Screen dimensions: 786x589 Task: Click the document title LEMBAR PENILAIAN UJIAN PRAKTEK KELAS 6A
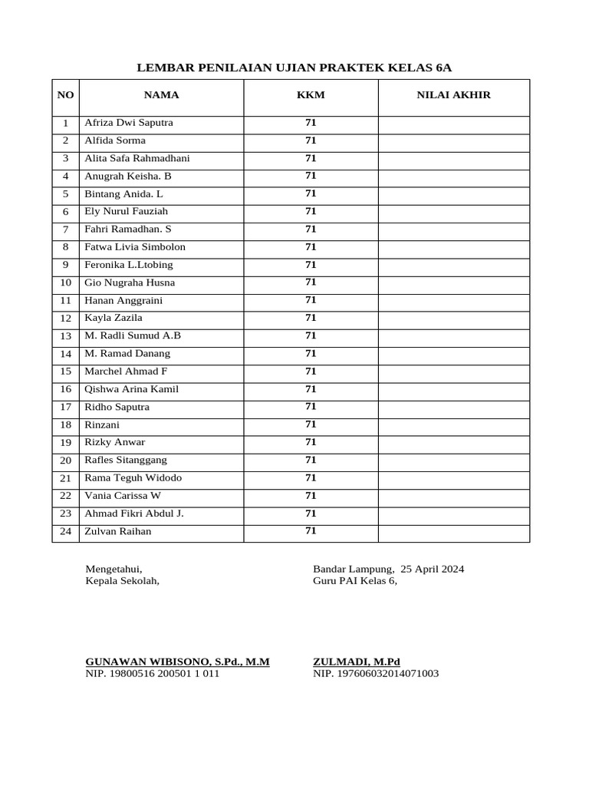294,68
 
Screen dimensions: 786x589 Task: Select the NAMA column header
161,95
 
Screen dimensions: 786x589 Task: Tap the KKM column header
311,95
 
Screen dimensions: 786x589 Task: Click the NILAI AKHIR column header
453,95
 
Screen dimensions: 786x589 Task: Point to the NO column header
65,95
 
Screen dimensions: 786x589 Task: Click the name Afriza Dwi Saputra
129,123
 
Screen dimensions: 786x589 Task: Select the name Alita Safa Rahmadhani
137,158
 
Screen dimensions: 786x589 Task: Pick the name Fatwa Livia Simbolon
135,247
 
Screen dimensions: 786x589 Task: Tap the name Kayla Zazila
114,318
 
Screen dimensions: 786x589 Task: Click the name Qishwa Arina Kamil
131,389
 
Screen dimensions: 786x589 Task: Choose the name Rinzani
102,424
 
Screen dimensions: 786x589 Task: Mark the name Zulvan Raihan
118,531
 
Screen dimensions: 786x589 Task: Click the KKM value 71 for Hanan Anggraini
311,300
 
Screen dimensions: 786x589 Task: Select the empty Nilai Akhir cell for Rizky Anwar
453,443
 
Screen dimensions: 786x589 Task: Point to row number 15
65,372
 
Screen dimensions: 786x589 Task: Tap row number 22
65,496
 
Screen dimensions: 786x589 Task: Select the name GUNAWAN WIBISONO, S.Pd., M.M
177,661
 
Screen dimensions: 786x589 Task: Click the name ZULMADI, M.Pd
357,661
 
